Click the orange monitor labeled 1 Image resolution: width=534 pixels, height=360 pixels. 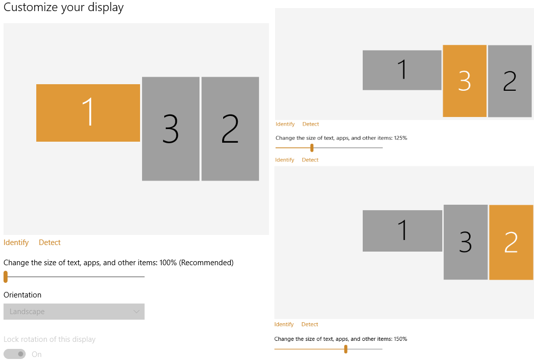[x=88, y=113]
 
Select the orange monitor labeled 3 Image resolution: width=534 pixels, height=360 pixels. [x=464, y=81]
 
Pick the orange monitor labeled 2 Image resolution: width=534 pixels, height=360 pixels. [x=511, y=243]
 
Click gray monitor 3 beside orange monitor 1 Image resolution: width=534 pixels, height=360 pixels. [x=171, y=129]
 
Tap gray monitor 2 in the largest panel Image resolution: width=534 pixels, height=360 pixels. [x=230, y=129]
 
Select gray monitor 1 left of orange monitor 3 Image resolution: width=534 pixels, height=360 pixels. [x=402, y=70]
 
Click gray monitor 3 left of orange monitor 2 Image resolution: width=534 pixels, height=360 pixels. [x=465, y=242]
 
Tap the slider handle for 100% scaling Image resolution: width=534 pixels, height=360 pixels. [x=6, y=276]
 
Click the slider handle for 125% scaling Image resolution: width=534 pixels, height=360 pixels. [x=312, y=148]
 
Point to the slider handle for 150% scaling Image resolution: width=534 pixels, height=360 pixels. [x=346, y=349]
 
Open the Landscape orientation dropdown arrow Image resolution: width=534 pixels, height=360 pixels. [x=136, y=312]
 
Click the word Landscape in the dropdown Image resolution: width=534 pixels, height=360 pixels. [x=27, y=312]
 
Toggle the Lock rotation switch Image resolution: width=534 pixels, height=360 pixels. [x=15, y=354]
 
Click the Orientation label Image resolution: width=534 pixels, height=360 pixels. [x=22, y=295]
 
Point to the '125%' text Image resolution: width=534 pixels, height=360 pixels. [x=400, y=138]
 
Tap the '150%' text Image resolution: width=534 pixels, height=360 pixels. [x=400, y=339]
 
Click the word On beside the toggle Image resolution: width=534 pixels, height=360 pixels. [x=37, y=354]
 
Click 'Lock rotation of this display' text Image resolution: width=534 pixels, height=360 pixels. [x=49, y=339]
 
